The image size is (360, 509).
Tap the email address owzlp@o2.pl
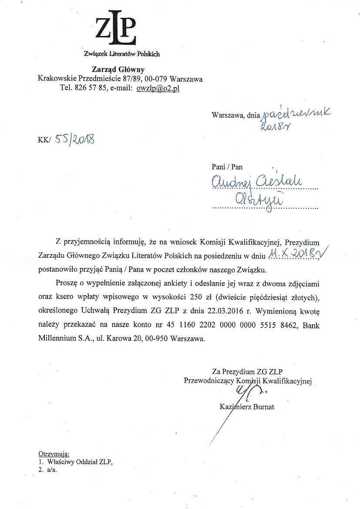(158, 88)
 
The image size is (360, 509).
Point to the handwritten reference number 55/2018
(74, 140)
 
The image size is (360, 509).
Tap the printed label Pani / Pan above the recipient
(227, 166)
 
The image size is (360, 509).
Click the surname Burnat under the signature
(262, 407)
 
